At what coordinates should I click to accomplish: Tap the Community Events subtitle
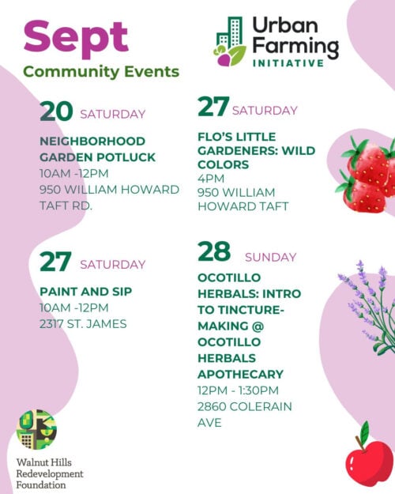point(101,72)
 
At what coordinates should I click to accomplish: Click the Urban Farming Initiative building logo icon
point(231,42)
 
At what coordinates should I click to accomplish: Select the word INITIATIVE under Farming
point(288,63)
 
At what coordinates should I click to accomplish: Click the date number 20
point(56,111)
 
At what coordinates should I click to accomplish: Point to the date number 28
point(214,251)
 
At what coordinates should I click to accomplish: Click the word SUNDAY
point(271,258)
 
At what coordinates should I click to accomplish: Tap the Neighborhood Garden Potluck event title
point(97,149)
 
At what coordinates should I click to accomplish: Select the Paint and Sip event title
point(85,292)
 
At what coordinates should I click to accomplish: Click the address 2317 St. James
point(83,324)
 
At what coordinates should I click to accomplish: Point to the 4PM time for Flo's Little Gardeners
point(211,179)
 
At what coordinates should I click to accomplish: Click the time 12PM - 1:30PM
point(238,390)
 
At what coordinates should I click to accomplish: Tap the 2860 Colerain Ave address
point(244,414)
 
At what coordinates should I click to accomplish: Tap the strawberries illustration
point(367,174)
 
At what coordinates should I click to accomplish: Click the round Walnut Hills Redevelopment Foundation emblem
point(36,429)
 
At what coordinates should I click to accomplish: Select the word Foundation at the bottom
point(41,485)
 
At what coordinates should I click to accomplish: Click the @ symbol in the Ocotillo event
point(258,326)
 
